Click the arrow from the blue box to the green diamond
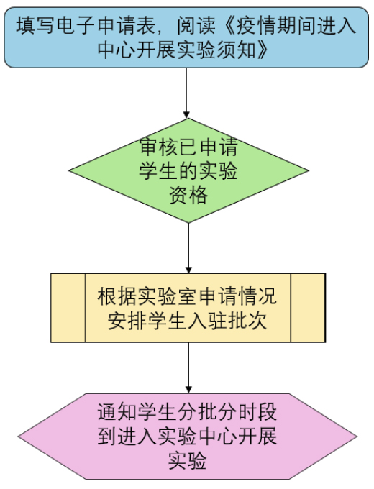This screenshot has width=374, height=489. (x=186, y=93)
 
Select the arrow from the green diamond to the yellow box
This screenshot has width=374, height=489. (x=188, y=248)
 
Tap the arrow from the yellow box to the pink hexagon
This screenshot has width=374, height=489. (x=188, y=368)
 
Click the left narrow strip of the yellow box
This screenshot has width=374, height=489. (x=68, y=308)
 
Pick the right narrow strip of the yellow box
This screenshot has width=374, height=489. (x=308, y=308)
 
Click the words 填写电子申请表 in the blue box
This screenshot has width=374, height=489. (x=86, y=25)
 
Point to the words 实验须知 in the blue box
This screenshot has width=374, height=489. (x=216, y=50)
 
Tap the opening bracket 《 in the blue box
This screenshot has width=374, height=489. (x=229, y=25)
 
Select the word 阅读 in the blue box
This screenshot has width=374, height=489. (x=196, y=25)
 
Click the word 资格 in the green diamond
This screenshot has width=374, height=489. (x=188, y=196)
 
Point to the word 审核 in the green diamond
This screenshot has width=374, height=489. (x=159, y=147)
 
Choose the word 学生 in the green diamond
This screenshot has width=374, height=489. (x=159, y=171)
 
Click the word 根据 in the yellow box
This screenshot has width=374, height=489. (x=117, y=296)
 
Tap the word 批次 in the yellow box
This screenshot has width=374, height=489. (x=247, y=320)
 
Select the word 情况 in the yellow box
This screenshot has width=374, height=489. (x=257, y=296)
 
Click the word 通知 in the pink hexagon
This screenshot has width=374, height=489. (x=117, y=412)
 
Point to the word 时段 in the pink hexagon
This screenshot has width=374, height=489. (x=257, y=412)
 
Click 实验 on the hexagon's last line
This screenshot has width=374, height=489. (x=187, y=461)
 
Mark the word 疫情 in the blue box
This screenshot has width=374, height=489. (x=256, y=25)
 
